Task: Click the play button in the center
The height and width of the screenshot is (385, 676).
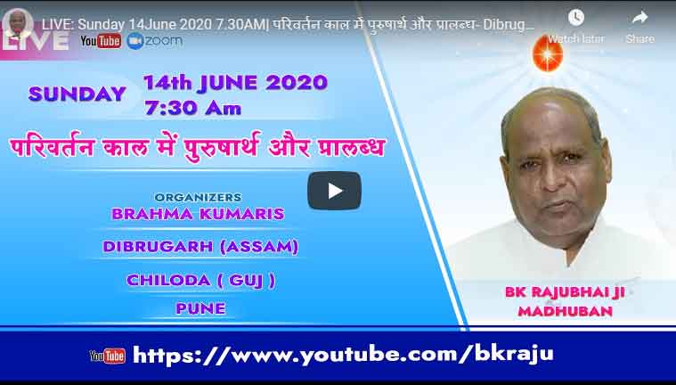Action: click(x=334, y=191)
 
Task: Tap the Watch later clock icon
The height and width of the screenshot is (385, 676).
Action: click(x=576, y=18)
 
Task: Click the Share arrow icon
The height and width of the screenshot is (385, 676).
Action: click(x=639, y=18)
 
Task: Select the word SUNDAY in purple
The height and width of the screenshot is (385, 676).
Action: click(x=77, y=94)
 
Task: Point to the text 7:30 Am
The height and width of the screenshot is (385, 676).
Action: click(x=192, y=109)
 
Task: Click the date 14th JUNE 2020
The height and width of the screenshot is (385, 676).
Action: click(x=235, y=83)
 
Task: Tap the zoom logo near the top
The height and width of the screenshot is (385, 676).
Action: click(x=155, y=41)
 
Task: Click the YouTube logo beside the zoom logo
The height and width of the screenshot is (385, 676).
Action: click(x=101, y=41)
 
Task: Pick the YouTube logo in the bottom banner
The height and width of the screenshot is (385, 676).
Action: click(x=108, y=356)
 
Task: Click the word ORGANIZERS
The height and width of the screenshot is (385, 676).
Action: click(x=198, y=197)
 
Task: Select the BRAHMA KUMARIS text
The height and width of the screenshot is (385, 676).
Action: click(x=198, y=214)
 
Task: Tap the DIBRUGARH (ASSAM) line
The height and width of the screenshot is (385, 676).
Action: click(x=200, y=247)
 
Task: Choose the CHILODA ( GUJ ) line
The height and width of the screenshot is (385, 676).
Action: click(x=201, y=281)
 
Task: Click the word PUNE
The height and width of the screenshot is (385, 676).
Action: click(x=201, y=308)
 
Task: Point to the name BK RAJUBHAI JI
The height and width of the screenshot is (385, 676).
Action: click(x=565, y=292)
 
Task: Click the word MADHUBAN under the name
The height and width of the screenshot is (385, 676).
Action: click(x=566, y=311)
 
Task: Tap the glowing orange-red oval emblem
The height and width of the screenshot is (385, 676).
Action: click(x=548, y=53)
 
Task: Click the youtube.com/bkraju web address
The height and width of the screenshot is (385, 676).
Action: click(x=343, y=355)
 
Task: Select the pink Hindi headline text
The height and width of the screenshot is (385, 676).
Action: click(x=197, y=147)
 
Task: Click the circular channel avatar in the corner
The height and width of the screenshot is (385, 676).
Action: click(x=18, y=24)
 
